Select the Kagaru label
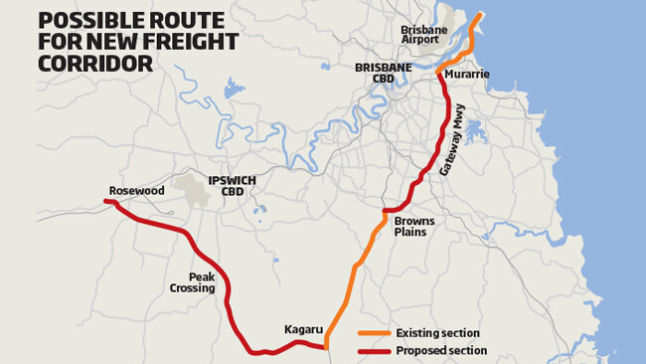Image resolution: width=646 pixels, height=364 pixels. point(302,327)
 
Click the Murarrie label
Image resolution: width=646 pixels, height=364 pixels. point(466,75)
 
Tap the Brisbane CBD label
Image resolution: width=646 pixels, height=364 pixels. point(383,73)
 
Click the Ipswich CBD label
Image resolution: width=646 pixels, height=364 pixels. point(232,186)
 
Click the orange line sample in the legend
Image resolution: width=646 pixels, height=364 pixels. point(374,332)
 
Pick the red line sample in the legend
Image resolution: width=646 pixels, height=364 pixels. point(374,350)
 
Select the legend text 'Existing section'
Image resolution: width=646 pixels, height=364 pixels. point(437,332)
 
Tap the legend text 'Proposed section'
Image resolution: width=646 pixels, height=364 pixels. point(441,350)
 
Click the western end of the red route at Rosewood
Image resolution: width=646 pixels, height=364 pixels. point(106,202)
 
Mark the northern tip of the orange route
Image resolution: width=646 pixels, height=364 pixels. point(481,15)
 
